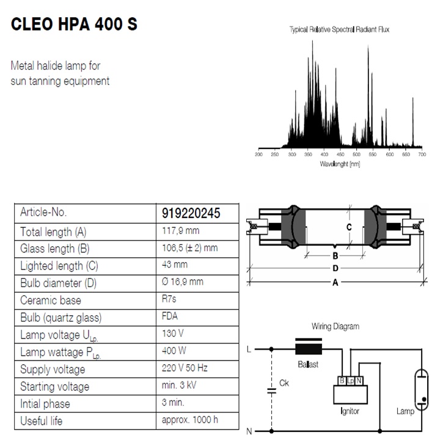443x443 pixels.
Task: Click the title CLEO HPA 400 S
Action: (74, 25)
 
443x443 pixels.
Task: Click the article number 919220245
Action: (191, 213)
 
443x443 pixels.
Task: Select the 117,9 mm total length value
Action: (181, 231)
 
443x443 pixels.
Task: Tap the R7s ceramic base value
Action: (171, 300)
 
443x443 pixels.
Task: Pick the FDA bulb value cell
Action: (172, 317)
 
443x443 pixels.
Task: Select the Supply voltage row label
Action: (53, 369)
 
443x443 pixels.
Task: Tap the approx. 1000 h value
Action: (190, 420)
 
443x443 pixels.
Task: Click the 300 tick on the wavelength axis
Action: (291, 155)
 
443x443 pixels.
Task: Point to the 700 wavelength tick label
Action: (422, 155)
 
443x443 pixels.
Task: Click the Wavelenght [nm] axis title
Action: (340, 164)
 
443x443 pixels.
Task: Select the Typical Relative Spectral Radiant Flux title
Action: (339, 29)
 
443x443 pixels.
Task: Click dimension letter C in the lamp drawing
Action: (349, 227)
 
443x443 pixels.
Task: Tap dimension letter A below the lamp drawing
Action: (334, 282)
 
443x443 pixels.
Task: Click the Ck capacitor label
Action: (284, 383)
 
